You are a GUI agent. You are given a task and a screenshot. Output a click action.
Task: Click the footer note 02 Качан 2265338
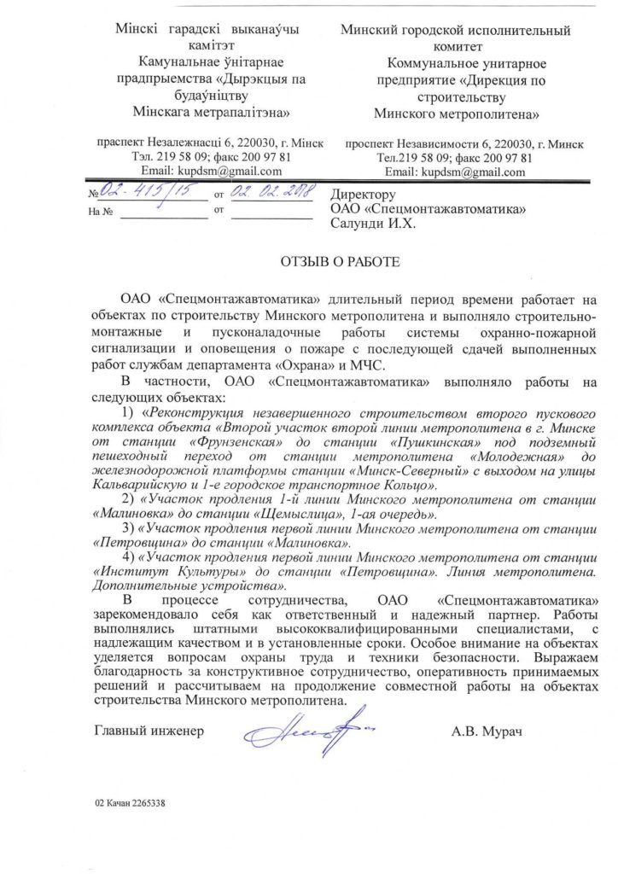tap(131, 803)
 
